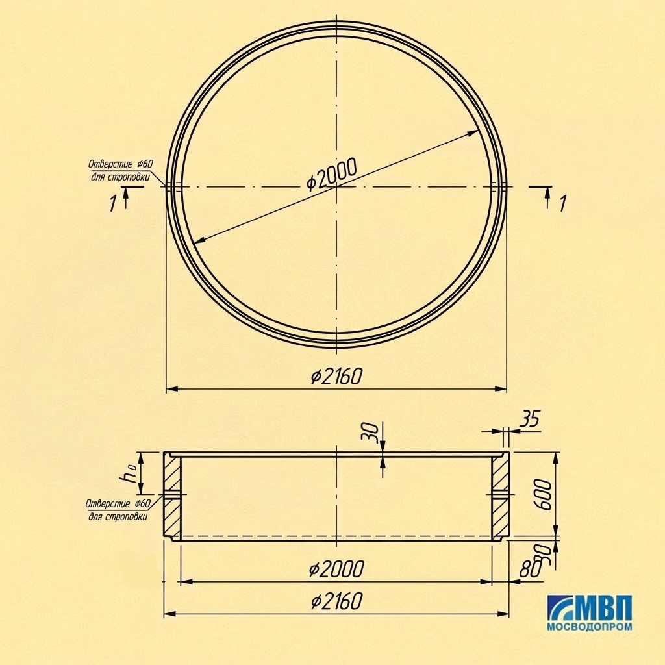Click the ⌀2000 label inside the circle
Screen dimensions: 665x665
[x=332, y=174]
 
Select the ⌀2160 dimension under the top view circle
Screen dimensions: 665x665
[x=337, y=376]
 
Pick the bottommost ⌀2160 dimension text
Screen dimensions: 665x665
[x=337, y=601]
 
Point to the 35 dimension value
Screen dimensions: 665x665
[x=530, y=419]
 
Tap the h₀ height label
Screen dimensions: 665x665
[x=128, y=473]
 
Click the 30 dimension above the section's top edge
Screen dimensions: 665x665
[x=370, y=433]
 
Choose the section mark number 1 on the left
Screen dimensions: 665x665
[x=112, y=203]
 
